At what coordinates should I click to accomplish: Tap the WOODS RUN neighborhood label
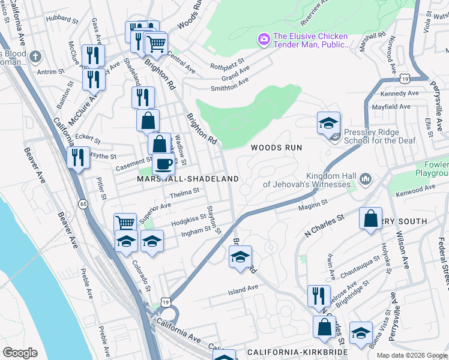pos(276,147)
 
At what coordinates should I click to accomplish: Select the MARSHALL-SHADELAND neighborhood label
pos(188,179)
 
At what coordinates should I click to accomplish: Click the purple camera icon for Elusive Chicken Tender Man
pos(263,40)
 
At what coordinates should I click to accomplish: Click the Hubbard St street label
pos(59,18)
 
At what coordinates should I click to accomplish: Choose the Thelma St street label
pos(184,192)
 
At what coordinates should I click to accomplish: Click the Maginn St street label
pos(312,208)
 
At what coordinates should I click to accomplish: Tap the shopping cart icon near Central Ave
pos(155,43)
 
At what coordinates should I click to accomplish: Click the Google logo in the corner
pos(20,353)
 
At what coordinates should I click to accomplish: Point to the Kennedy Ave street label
pos(399,94)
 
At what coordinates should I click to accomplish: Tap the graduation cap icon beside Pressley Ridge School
pos(328,122)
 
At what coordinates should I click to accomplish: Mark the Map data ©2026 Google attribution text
pos(412,355)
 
